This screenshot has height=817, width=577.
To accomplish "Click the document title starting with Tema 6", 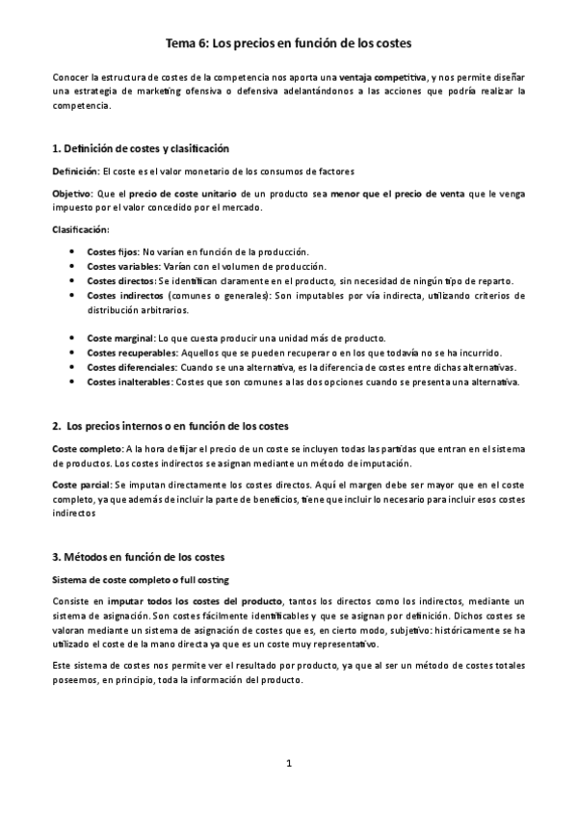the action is point(288,43).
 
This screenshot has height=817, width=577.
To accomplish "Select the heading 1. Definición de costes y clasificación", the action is point(140,148).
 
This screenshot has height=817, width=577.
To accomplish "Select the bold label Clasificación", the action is point(80,229).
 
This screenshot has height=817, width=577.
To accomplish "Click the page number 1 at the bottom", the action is point(288,764).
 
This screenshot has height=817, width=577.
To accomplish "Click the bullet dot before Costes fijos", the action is point(75,250).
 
